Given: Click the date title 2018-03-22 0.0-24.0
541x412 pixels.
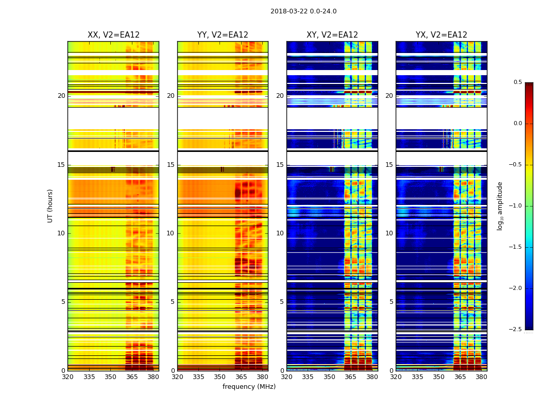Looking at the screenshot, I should coord(303,11).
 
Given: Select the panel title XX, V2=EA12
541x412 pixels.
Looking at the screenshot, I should coord(113,35).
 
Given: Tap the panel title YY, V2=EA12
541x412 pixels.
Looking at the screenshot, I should coord(223,35).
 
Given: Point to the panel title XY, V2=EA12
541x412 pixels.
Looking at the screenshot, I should coord(332,35).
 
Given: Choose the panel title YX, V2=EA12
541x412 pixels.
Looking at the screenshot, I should coord(442,35).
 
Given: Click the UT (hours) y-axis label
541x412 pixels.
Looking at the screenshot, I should coord(50,205).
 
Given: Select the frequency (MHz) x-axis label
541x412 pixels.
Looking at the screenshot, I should coord(249,387).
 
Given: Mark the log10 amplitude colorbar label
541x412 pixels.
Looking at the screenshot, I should coord(500,205).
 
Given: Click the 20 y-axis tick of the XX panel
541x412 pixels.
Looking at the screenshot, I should coord(61,96).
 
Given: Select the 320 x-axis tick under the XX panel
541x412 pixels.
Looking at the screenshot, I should coord(67,377).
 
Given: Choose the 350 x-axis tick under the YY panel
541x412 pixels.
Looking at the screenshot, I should coord(220,377).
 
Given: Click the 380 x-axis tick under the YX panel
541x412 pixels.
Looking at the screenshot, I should coord(481,377).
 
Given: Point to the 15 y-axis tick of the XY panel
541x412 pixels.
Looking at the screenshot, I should coord(280,165).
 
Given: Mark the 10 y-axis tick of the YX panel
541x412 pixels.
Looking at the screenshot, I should coord(390,233).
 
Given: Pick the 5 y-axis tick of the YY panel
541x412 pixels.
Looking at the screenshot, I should coord(173,302).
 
